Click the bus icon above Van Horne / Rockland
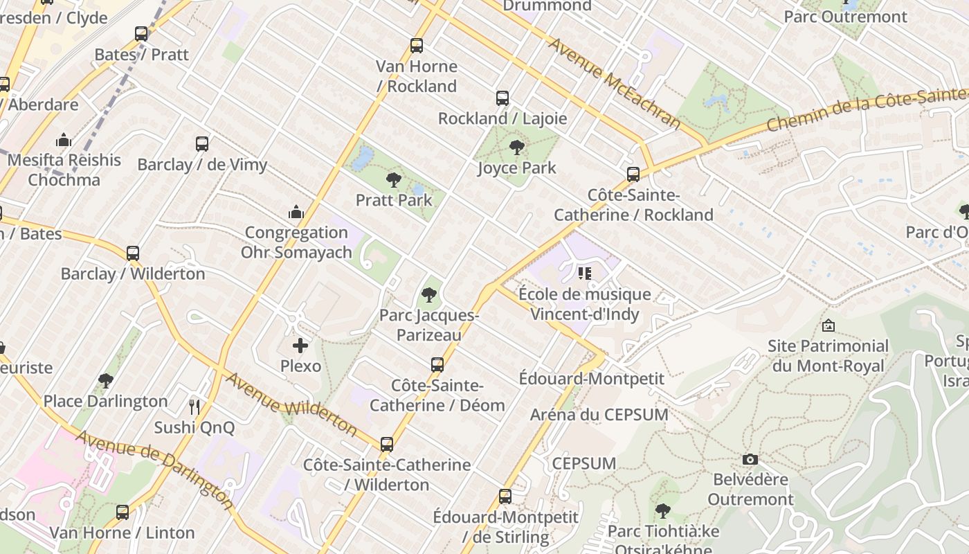coord(416,46)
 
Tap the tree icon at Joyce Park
coord(516,147)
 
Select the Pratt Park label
coord(394,200)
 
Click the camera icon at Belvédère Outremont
coord(750,459)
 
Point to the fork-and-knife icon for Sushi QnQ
coord(194,406)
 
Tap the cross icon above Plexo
coord(300,345)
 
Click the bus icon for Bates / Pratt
coord(141,33)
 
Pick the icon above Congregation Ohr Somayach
coord(296,211)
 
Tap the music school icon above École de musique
coord(585,274)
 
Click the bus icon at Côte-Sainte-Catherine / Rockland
coord(633,175)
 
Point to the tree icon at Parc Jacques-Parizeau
coord(429,295)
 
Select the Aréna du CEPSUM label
coord(599,415)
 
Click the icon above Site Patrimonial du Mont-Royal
coord(828,325)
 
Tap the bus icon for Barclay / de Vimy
coord(202,144)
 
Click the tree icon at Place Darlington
coord(105,380)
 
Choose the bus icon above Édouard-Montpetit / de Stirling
coord(505,496)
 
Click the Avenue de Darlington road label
coord(154,469)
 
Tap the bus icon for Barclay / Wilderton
coord(133,253)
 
